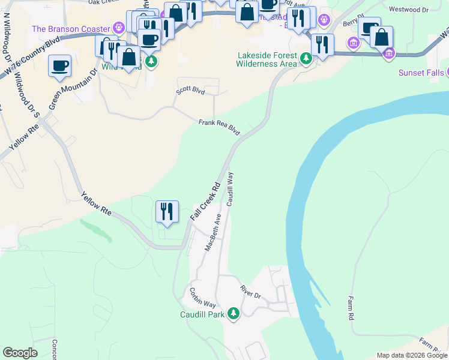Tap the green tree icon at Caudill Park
[233, 313]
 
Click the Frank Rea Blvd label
[219, 127]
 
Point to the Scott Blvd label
[190, 91]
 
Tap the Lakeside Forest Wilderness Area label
[267, 59]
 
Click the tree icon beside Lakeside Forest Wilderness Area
[306, 58]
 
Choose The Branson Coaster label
[71, 29]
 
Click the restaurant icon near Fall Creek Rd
[167, 212]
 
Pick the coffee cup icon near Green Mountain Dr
[59, 66]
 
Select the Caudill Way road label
[230, 188]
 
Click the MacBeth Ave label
[213, 232]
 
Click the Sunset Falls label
[421, 73]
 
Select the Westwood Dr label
[408, 10]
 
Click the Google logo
[20, 353]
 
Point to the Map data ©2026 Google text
[412, 355]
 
